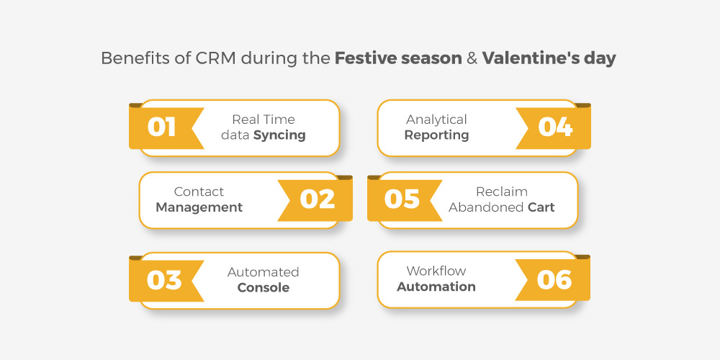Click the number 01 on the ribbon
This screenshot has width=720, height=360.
(161, 127)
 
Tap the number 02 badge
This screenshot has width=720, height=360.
(318, 199)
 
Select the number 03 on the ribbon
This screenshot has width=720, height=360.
(164, 280)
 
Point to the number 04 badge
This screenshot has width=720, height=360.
(555, 127)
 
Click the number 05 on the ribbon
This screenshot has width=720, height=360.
(402, 199)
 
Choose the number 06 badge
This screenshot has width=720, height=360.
(554, 279)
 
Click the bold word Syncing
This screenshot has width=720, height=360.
(279, 135)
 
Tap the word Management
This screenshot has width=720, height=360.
(199, 207)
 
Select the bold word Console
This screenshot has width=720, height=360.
(264, 288)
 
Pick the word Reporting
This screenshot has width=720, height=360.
(437, 135)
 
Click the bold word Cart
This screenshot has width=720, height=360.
(541, 207)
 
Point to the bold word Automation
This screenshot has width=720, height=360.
(436, 287)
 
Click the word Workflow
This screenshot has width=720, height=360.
(436, 271)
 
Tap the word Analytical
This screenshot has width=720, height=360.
(436, 120)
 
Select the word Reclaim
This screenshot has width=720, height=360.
(501, 192)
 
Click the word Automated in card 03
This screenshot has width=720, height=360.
(263, 272)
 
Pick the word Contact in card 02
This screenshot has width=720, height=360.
(199, 192)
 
